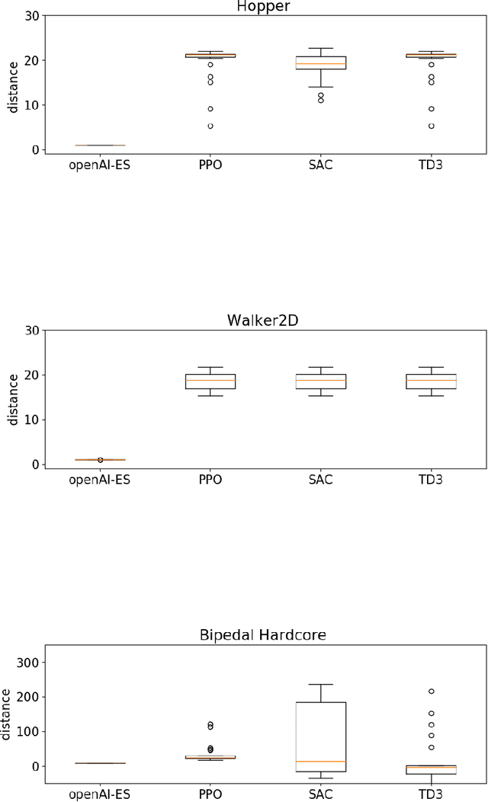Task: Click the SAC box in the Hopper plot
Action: click(321, 62)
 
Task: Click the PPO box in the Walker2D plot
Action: click(210, 382)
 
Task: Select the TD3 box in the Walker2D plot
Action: click(432, 382)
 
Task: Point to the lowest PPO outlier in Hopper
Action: click(210, 126)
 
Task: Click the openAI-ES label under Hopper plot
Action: click(100, 164)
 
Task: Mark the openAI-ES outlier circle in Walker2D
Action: click(100, 460)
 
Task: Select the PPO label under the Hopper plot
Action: click(210, 164)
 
